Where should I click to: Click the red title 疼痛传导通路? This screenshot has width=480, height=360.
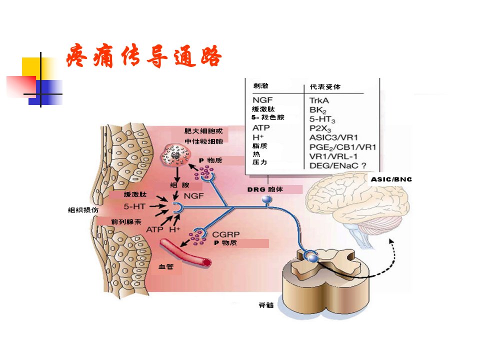(x=144, y=56)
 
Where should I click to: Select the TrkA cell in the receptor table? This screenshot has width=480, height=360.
(x=319, y=100)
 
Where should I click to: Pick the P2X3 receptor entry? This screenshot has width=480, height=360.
(x=320, y=128)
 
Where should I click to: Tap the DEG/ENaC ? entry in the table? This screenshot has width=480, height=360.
(x=337, y=165)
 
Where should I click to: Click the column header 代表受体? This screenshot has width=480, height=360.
(x=325, y=86)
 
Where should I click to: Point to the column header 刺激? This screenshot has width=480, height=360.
(x=261, y=85)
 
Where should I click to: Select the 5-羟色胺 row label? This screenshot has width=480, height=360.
(x=268, y=117)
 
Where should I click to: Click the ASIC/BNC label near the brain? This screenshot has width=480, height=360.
(x=391, y=179)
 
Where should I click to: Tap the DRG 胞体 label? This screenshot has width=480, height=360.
(x=265, y=189)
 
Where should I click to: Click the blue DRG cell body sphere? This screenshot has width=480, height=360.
(x=267, y=199)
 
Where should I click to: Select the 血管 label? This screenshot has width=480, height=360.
(x=166, y=266)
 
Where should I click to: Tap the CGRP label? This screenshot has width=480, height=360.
(x=226, y=234)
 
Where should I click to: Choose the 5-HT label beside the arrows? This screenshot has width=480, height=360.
(x=134, y=206)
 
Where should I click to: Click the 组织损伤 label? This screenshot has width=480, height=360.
(x=83, y=209)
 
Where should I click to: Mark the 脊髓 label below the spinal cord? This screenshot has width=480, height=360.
(x=266, y=305)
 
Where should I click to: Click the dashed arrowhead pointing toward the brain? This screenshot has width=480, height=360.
(x=391, y=242)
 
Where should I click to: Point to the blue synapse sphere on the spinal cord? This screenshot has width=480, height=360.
(x=313, y=258)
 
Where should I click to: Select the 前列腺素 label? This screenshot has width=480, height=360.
(x=126, y=221)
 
